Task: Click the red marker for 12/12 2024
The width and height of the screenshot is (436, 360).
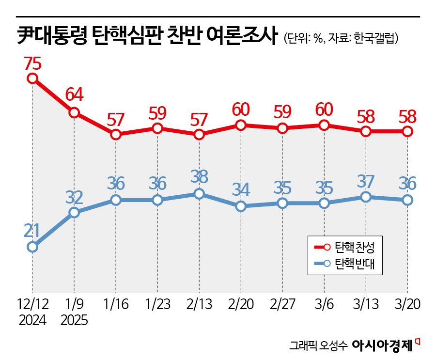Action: pyautogui.click(x=32, y=78)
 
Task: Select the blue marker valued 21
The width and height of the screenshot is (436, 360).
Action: pyautogui.click(x=32, y=247)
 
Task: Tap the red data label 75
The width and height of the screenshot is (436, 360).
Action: pyautogui.click(x=32, y=63)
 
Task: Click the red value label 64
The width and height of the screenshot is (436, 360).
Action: pyautogui.click(x=74, y=94)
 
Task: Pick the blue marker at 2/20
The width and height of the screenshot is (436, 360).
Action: pyautogui.click(x=241, y=206)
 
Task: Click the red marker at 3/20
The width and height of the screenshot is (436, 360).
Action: pyautogui.click(x=408, y=131)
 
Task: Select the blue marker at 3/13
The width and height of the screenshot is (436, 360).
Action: pyautogui.click(x=366, y=197)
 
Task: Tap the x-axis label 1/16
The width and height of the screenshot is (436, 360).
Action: pyautogui.click(x=116, y=304)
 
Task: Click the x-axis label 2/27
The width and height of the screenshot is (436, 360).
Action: pyautogui.click(x=282, y=304)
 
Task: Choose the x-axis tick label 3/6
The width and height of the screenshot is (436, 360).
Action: pyautogui.click(x=325, y=304)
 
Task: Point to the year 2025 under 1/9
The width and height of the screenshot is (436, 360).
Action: pyautogui.click(x=74, y=320)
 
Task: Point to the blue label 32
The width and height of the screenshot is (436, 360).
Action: pyautogui.click(x=74, y=197)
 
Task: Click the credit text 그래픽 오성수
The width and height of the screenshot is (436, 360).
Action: pyautogui.click(x=318, y=346)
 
